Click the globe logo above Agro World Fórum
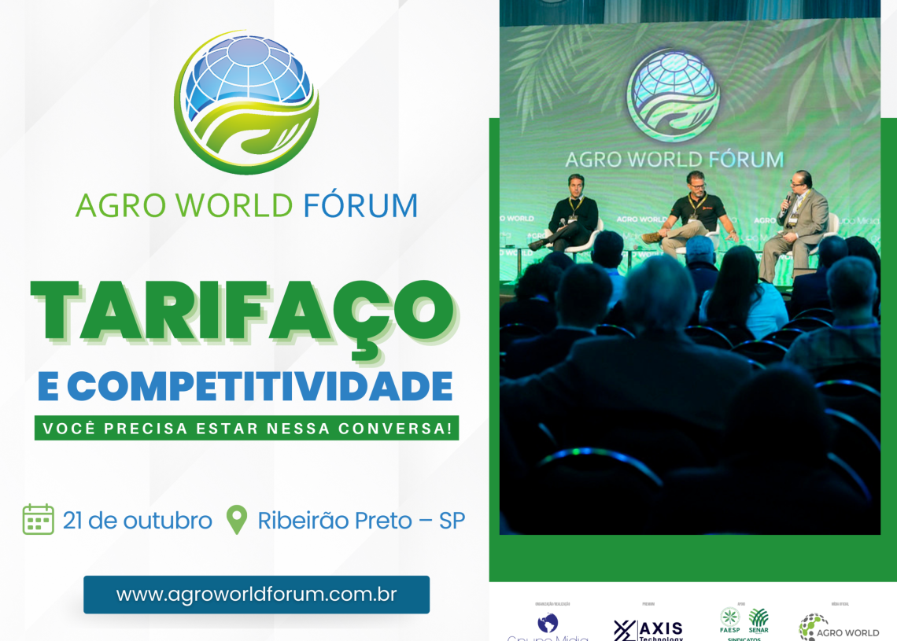(x=246, y=101)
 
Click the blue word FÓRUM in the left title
(x=360, y=205)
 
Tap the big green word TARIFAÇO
(x=242, y=311)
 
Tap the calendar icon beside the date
(x=39, y=520)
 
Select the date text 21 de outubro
(x=138, y=521)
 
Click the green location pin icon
(x=236, y=520)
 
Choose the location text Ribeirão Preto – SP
(x=361, y=521)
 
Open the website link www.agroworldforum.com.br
(x=257, y=595)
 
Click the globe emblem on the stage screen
(x=673, y=94)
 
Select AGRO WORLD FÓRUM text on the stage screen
(x=674, y=160)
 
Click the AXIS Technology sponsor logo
(x=648, y=629)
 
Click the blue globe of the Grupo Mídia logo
(x=548, y=623)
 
